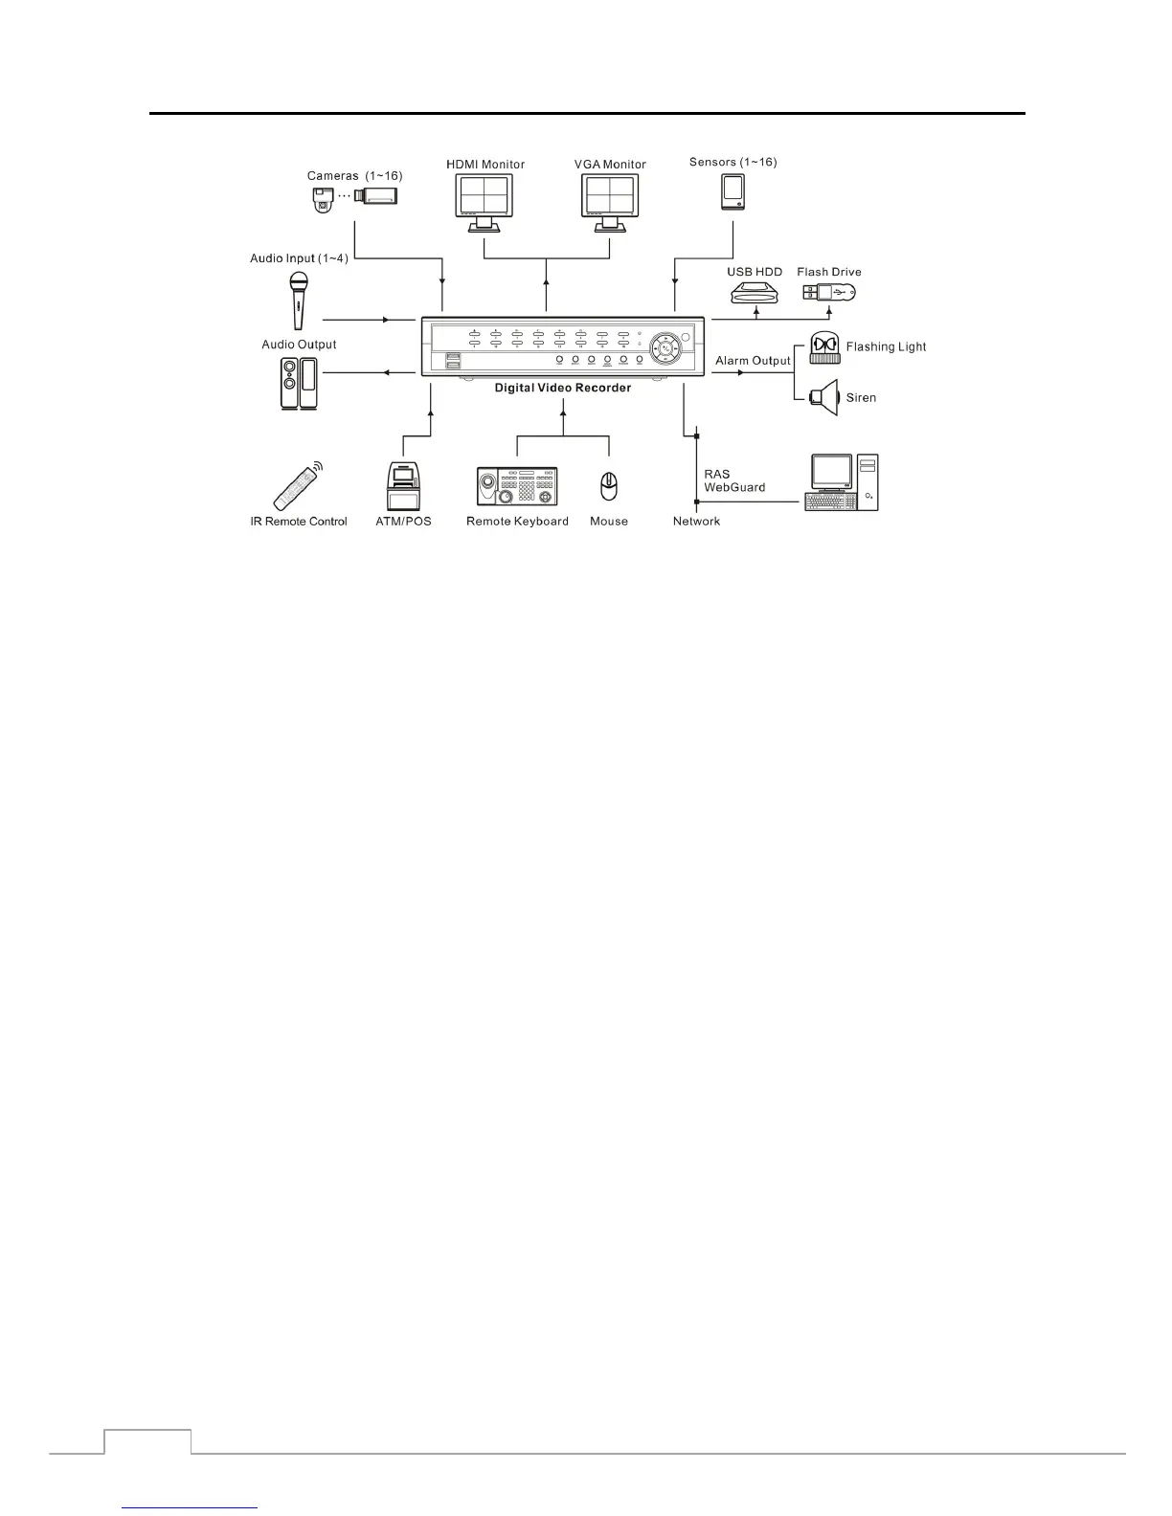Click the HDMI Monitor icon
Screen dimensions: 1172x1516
click(485, 202)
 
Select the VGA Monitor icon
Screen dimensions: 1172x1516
click(610, 202)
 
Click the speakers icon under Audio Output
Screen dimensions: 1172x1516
click(299, 383)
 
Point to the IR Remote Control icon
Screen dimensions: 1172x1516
click(298, 486)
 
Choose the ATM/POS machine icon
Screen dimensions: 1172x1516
click(403, 486)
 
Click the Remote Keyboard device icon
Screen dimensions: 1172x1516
click(517, 486)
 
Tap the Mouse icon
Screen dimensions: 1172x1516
click(609, 486)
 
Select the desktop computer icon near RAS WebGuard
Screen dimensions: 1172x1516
click(843, 482)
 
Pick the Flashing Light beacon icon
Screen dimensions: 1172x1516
click(824, 347)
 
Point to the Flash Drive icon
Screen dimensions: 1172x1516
click(828, 291)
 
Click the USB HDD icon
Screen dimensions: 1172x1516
click(755, 292)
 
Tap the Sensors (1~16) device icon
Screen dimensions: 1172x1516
click(732, 190)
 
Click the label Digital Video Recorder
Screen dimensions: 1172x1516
click(563, 388)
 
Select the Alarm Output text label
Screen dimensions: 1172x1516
click(753, 361)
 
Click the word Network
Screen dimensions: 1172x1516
click(696, 522)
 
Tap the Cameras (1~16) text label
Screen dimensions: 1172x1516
click(354, 176)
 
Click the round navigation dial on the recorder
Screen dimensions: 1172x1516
click(668, 349)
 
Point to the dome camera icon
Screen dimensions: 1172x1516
click(322, 200)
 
